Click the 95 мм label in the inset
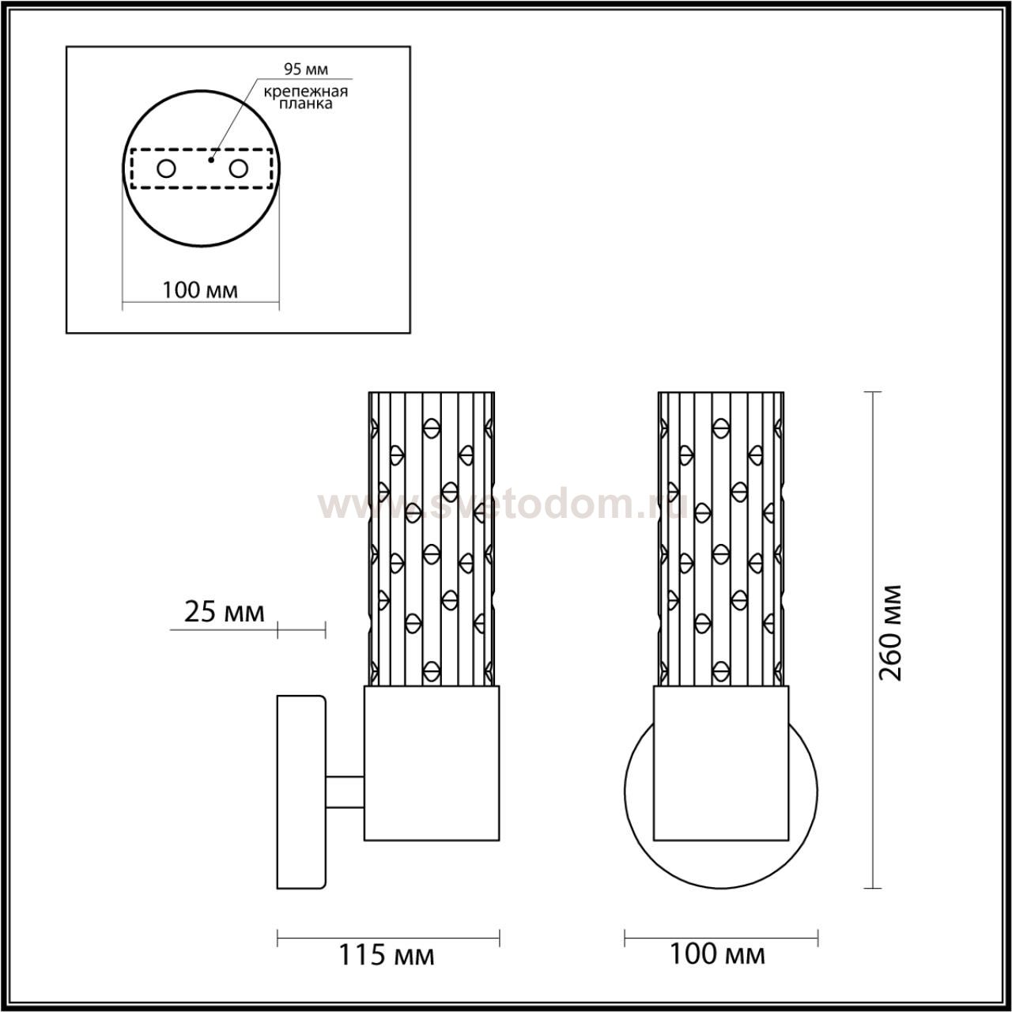[x=306, y=69]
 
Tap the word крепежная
[x=306, y=92]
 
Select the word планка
[x=306, y=104]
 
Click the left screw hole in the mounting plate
[x=167, y=169]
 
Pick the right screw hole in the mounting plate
[x=239, y=169]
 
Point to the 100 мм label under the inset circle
[x=200, y=290]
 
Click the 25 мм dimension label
[x=225, y=613]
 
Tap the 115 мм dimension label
[x=387, y=955]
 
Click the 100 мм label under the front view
[x=717, y=954]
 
